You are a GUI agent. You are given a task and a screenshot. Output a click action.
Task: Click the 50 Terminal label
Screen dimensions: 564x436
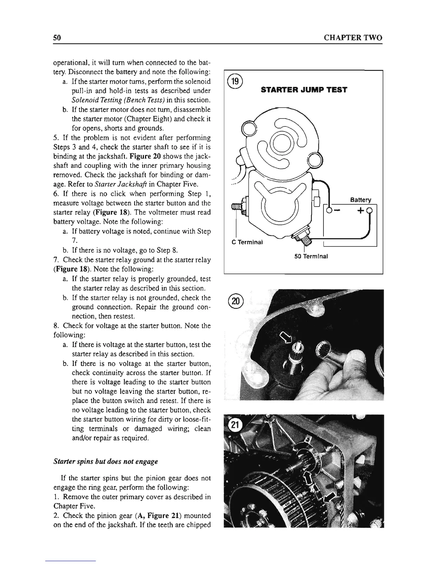[311, 256]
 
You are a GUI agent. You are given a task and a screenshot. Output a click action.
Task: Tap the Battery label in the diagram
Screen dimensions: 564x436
[360, 200]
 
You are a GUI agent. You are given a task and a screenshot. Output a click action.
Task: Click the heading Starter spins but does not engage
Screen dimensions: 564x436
[105, 461]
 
